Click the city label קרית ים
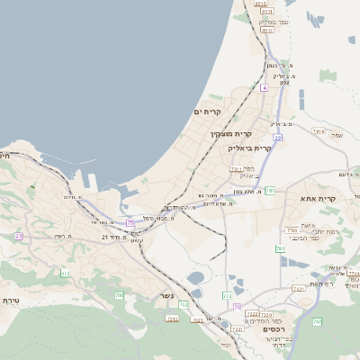pos(207,111)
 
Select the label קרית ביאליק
pos(250,147)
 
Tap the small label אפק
pos(337,135)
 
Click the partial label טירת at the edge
pos(11,300)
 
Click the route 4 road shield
pos(265,87)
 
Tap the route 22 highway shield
pos(279,137)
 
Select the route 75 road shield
pos(130,222)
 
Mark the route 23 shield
pos(18,236)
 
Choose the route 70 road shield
pos(237,307)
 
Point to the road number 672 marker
pos(65,273)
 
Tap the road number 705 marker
pos(119,294)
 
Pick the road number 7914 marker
pos(318,131)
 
